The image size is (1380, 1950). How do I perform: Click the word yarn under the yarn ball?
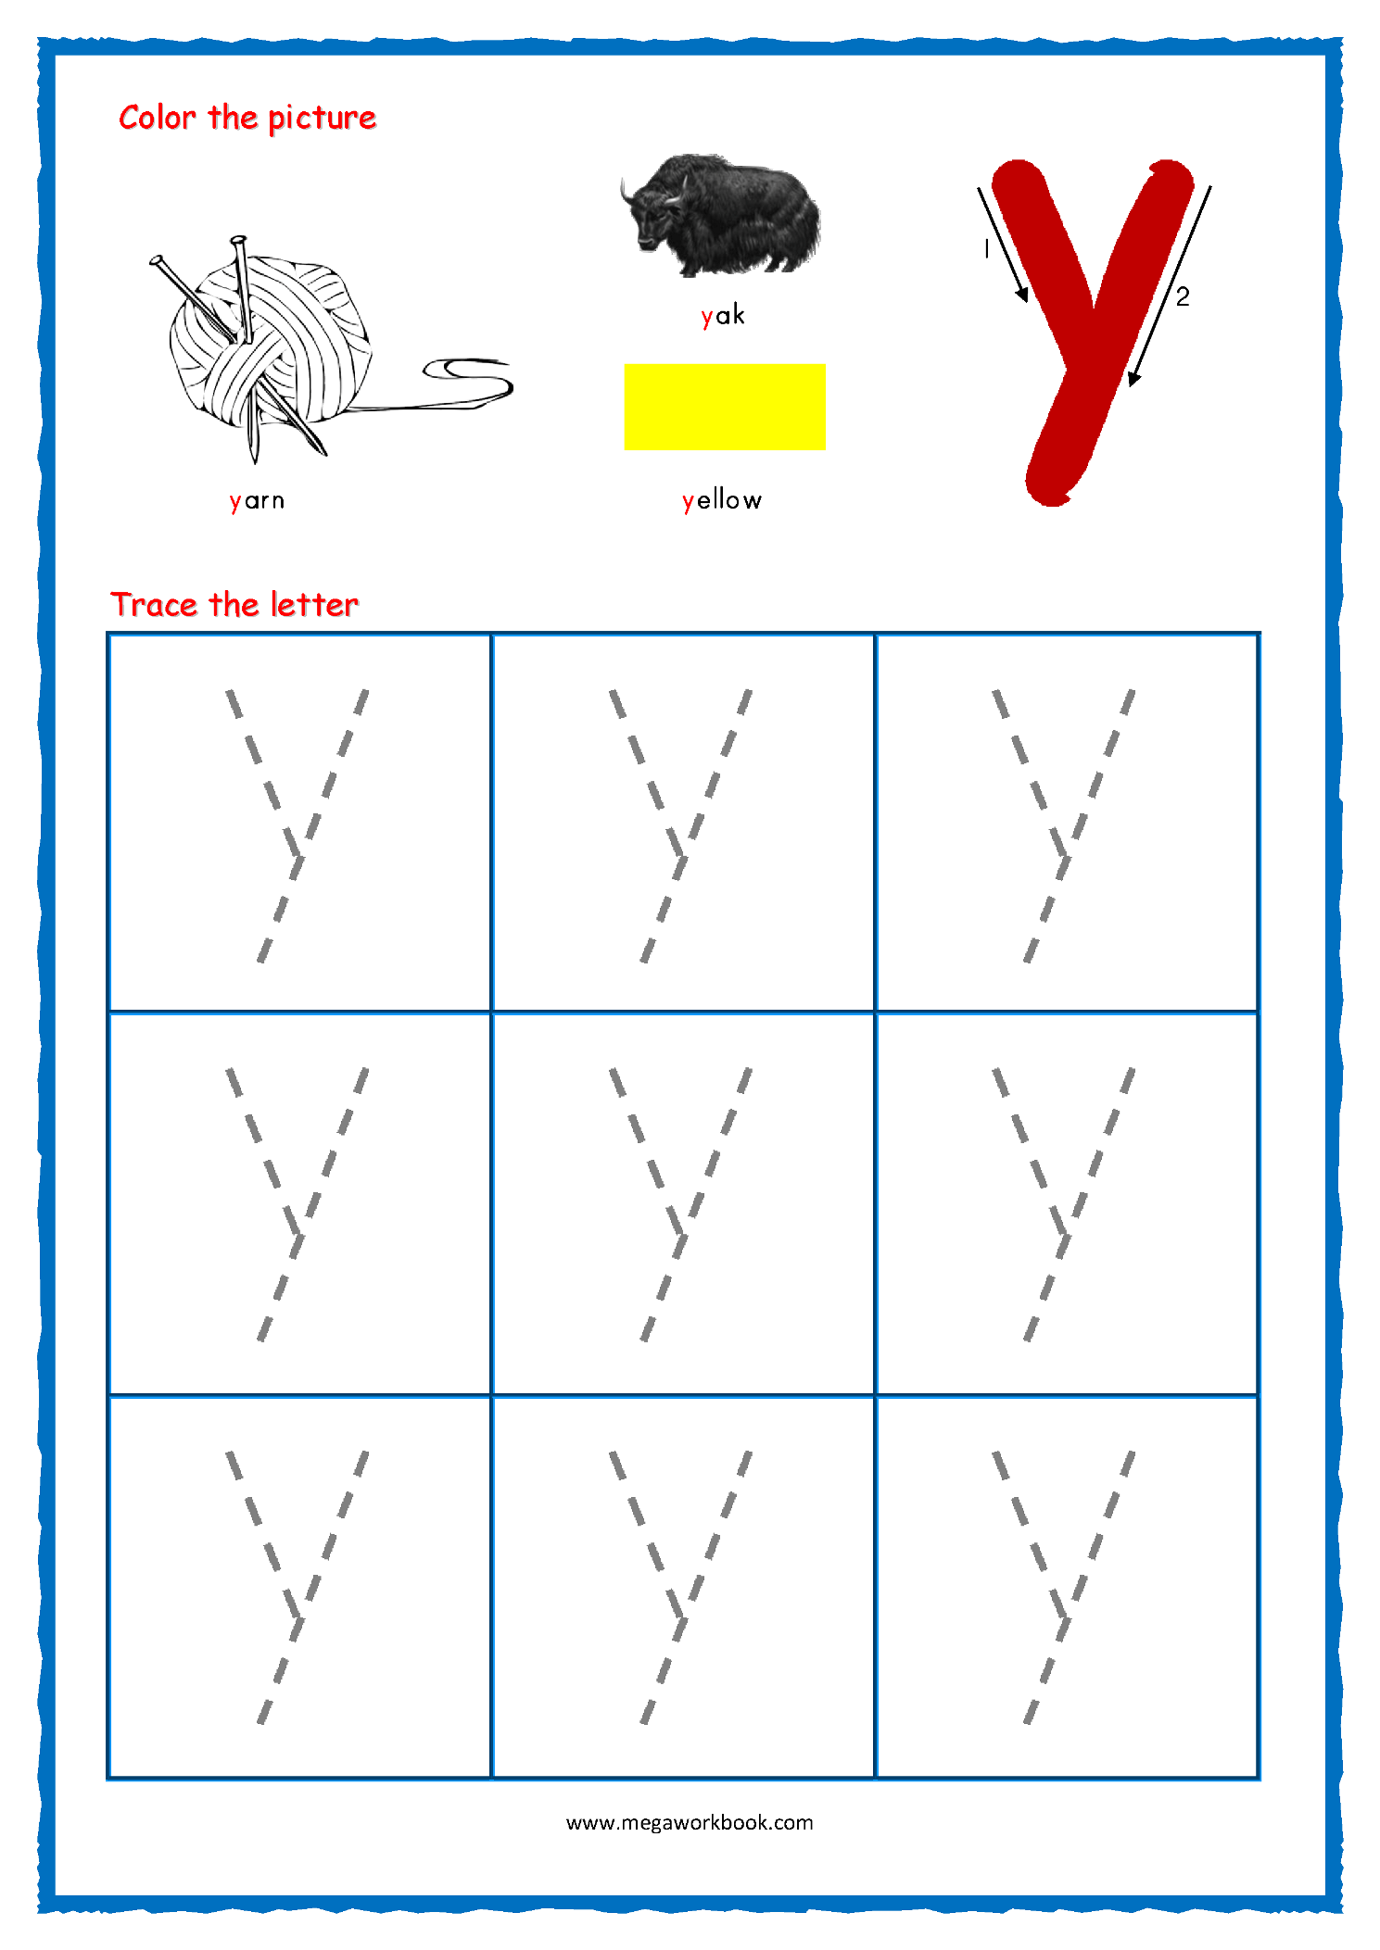click(x=257, y=500)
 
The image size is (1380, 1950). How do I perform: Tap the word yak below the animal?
click(x=723, y=315)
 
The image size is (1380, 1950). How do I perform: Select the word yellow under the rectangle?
click(x=722, y=500)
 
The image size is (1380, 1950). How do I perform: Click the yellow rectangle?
click(x=725, y=407)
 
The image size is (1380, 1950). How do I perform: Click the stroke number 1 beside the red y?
click(x=986, y=248)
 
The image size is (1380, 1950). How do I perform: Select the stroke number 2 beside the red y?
click(x=1183, y=296)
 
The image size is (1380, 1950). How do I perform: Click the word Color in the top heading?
click(x=158, y=118)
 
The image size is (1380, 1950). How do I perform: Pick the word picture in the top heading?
click(x=322, y=119)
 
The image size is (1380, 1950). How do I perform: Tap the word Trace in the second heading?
click(x=154, y=605)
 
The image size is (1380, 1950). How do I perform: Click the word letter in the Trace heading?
click(x=313, y=605)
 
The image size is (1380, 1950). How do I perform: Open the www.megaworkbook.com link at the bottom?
click(x=690, y=1822)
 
